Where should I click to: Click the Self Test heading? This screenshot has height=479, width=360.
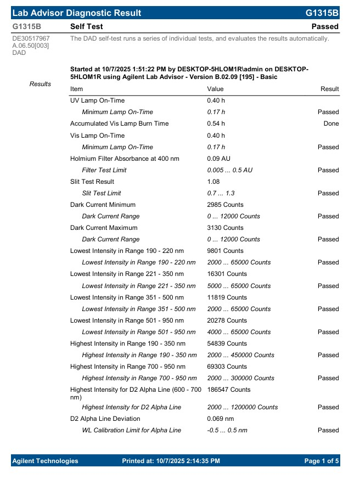coord(87,26)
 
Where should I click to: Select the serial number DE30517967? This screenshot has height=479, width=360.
coord(31,38)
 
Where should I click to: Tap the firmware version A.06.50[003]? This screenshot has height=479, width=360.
coord(31,46)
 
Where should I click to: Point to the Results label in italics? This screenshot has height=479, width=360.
coord(40,84)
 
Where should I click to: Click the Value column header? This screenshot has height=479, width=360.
coord(215,89)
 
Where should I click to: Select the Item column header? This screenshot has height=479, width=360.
coord(77,89)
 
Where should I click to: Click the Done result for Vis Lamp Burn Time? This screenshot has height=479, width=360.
coord(331,123)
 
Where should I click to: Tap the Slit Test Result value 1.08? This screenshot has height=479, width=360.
coord(213,182)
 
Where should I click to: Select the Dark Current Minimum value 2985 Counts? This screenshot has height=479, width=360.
coord(225,205)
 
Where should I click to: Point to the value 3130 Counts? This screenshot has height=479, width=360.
coord(225,228)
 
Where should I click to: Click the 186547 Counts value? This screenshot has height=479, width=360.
coord(229,390)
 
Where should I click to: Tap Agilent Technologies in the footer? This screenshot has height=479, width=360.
coord(45,461)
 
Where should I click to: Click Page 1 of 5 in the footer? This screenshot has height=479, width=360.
coord(322,461)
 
